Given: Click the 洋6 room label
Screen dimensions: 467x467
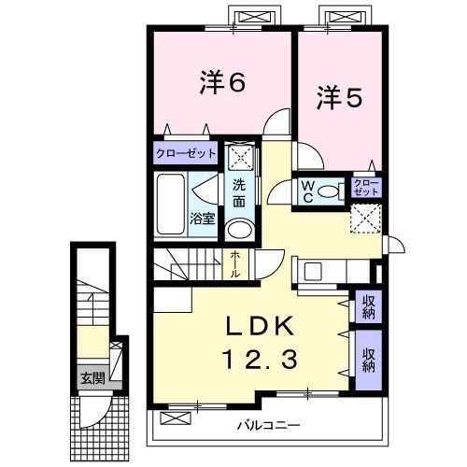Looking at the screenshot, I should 220,82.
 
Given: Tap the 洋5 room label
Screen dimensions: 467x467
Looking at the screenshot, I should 338,96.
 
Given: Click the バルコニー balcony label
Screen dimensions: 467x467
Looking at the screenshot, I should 269,426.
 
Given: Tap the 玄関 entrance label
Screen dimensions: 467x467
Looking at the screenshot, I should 92,378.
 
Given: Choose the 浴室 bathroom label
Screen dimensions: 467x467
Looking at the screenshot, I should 203,219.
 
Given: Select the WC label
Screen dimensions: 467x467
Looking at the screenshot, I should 306,191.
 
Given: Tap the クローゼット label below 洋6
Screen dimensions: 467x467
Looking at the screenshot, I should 186,152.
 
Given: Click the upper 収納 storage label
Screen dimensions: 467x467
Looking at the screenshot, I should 369,305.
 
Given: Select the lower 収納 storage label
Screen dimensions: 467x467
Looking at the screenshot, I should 369,360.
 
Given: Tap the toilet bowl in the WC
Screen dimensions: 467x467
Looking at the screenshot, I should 328,191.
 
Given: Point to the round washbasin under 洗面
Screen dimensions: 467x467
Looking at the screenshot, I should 240,230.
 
